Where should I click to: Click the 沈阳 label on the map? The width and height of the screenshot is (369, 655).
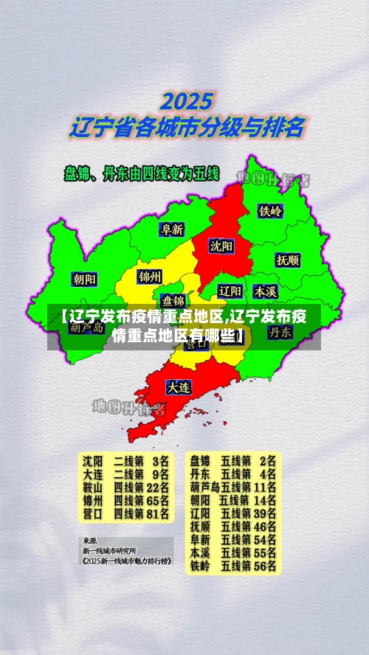(220, 246)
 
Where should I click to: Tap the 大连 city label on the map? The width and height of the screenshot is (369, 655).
(178, 386)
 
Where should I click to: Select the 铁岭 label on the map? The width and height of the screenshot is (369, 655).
(270, 210)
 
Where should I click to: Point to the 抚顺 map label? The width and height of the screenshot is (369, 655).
(287, 260)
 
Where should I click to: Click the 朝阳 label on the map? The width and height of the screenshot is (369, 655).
(84, 279)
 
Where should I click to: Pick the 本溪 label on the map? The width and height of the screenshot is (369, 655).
(265, 291)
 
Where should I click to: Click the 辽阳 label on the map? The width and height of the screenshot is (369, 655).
(231, 291)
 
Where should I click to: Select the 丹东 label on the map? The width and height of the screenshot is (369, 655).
(280, 332)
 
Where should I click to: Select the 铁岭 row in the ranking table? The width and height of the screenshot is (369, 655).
(232, 566)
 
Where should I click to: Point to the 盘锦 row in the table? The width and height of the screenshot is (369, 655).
(232, 460)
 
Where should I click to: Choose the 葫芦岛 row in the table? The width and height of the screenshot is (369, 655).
(232, 487)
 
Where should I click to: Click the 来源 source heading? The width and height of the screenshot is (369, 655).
(89, 541)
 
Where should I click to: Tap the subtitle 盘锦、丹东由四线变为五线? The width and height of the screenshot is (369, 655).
(142, 174)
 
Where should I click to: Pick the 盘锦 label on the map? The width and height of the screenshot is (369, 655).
(173, 300)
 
